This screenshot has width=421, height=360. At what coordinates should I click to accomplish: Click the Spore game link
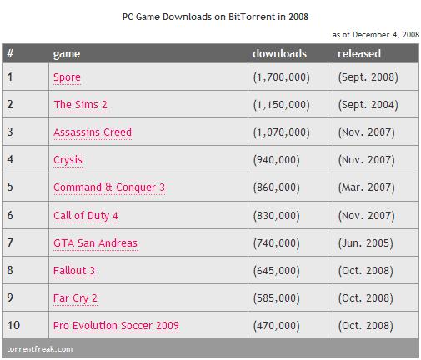click(67, 77)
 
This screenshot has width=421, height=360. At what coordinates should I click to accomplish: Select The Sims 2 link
click(80, 104)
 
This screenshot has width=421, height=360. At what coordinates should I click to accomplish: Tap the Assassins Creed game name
click(93, 132)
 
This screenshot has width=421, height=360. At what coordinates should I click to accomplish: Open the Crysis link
click(68, 160)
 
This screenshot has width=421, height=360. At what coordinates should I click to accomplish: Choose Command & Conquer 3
click(109, 187)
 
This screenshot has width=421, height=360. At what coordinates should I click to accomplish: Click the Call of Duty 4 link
click(86, 216)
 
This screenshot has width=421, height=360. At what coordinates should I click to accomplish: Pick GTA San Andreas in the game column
click(95, 243)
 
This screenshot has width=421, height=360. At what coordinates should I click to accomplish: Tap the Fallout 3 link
click(74, 271)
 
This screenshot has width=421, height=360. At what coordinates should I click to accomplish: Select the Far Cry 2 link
click(75, 298)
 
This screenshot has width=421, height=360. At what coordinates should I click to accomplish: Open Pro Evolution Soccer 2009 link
click(116, 325)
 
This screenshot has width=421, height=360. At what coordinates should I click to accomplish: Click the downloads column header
click(279, 53)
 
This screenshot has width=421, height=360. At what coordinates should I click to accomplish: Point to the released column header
click(359, 53)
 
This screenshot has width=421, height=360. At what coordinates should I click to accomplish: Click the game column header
click(67, 54)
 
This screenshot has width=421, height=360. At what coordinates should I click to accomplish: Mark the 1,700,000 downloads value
click(281, 77)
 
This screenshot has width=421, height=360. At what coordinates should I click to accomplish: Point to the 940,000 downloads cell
click(276, 160)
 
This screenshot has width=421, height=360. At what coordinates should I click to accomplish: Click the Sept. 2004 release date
click(368, 105)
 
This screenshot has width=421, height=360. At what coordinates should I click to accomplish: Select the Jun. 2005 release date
click(365, 243)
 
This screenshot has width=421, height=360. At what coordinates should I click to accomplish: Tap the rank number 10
click(13, 325)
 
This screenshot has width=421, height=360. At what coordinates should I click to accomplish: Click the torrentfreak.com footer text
click(39, 349)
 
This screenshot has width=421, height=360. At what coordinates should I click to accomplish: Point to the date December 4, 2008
click(386, 35)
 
